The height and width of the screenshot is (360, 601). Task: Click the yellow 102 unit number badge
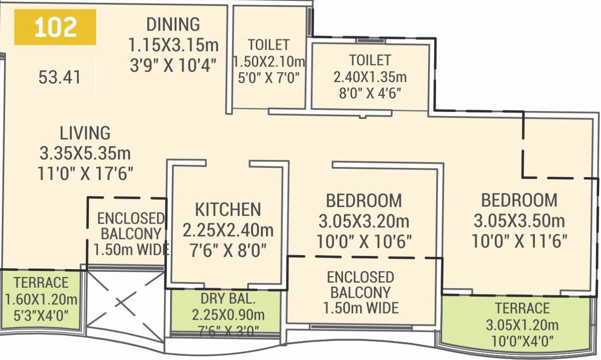[x=55, y=28]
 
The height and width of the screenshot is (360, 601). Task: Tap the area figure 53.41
[x=59, y=77]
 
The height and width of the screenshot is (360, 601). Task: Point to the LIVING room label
[x=85, y=133]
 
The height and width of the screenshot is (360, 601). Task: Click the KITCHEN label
[x=228, y=209]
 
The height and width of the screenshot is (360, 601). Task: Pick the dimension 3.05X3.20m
[x=364, y=220]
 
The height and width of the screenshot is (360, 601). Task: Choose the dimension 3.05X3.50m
[x=519, y=220]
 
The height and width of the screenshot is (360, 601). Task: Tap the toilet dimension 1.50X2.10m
[x=269, y=61]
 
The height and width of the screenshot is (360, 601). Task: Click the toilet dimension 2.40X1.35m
[x=370, y=76]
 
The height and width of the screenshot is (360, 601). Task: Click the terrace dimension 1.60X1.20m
[x=41, y=299]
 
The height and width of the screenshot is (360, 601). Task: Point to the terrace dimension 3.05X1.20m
[x=522, y=325]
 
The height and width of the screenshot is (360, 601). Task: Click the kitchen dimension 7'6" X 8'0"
[x=228, y=250]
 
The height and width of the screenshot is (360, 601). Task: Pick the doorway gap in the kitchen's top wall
[x=228, y=163]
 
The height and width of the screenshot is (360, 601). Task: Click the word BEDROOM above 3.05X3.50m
[x=519, y=200]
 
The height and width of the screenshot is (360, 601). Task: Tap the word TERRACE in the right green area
[x=522, y=308]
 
